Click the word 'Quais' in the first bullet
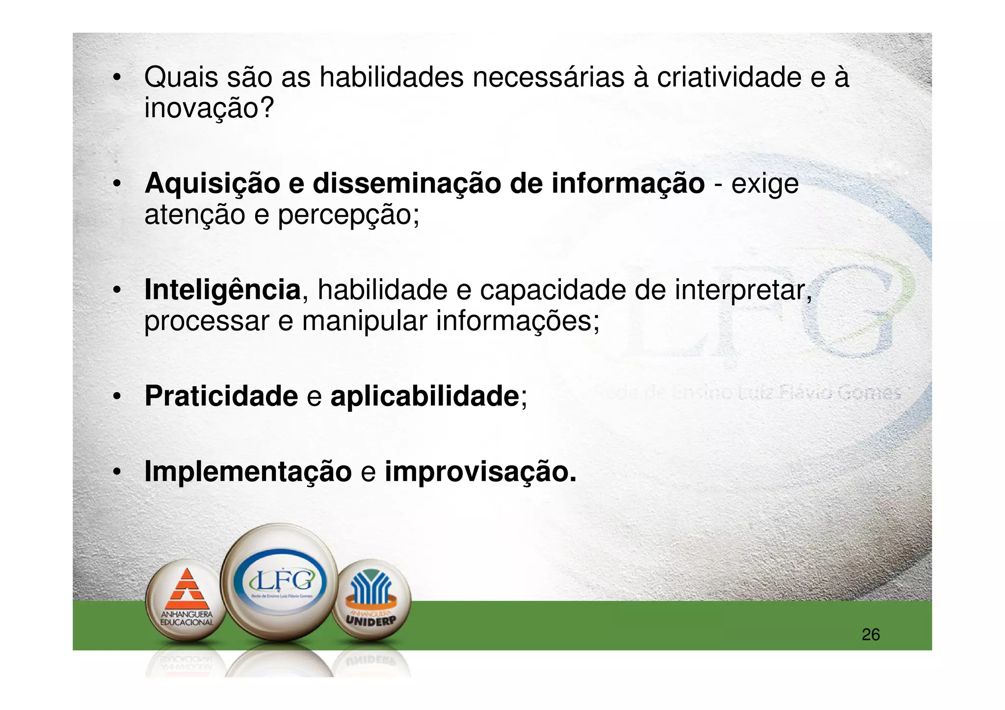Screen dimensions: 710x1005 (x=181, y=78)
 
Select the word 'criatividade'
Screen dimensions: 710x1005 (x=729, y=78)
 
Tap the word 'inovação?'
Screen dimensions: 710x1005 (x=209, y=108)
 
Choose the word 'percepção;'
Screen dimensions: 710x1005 (x=349, y=215)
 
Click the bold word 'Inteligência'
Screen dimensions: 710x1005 (x=222, y=290)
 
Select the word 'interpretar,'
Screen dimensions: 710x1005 (x=743, y=290)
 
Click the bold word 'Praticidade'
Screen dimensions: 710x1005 (x=221, y=396)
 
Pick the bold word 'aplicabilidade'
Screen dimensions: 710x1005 (x=424, y=396)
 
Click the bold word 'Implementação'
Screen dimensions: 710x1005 (x=248, y=472)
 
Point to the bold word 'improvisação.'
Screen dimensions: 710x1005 (x=480, y=472)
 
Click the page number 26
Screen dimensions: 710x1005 (x=871, y=634)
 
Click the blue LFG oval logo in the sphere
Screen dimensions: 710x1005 (x=280, y=582)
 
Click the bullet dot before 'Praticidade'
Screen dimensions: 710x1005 (x=116, y=396)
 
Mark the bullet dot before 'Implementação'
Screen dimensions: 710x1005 (x=116, y=472)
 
